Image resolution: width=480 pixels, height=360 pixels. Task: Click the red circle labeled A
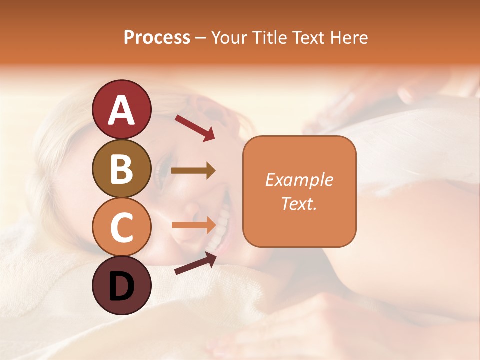click(121, 109)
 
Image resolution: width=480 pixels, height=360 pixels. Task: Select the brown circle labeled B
click(121, 168)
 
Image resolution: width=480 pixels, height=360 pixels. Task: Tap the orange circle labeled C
click(121, 227)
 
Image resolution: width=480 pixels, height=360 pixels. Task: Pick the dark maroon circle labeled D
click(121, 285)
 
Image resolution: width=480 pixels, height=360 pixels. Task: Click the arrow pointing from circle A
click(194, 128)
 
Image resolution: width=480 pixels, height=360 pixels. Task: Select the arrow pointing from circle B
click(193, 171)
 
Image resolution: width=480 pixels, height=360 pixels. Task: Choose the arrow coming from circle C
click(193, 225)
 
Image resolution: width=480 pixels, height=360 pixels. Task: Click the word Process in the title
click(157, 37)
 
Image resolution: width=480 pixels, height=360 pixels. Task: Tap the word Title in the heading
click(270, 37)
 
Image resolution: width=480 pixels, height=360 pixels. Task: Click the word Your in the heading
click(229, 37)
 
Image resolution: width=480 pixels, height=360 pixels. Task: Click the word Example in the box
click(299, 180)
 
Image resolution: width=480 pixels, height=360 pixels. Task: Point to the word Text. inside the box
click(299, 203)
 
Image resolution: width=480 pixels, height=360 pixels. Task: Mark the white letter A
click(121, 110)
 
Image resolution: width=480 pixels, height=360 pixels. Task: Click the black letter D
click(121, 286)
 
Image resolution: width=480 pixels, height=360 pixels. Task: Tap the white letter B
click(121, 169)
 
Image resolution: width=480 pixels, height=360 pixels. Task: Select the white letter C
click(121, 227)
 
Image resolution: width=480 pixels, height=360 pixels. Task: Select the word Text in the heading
click(310, 37)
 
